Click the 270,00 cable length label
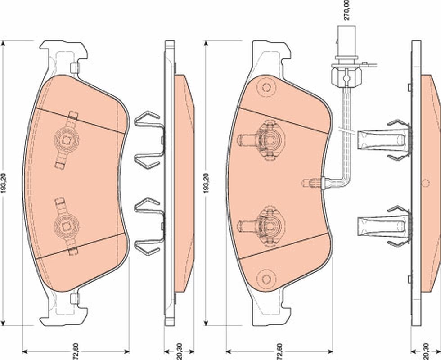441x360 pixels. click(346, 10)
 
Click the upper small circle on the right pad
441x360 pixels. click(265, 88)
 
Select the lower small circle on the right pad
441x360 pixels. click(265, 278)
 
